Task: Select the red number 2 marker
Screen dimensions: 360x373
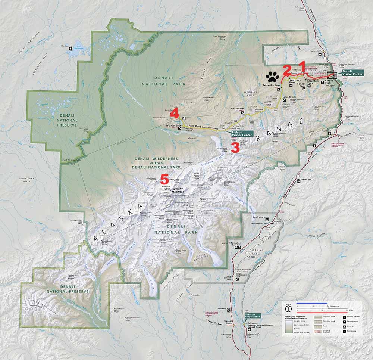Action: point(286,70)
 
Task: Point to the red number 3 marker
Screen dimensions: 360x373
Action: point(235,148)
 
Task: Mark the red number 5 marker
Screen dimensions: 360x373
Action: point(164,179)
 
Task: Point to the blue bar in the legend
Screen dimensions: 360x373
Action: point(312,304)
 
